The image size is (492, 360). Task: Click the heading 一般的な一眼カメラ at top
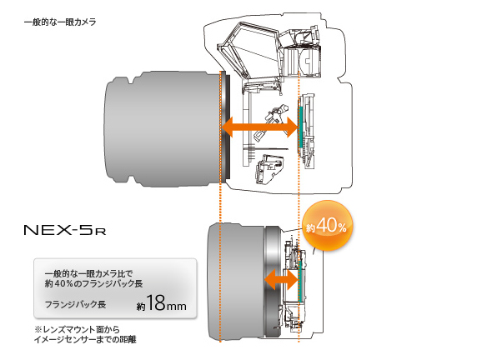coord(60,22)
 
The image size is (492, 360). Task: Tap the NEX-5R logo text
coord(65,230)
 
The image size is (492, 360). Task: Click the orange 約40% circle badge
coord(327,226)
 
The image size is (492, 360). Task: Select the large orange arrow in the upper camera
coord(259,127)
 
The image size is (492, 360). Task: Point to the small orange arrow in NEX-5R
coord(281,279)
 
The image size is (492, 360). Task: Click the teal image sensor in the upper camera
coord(300,127)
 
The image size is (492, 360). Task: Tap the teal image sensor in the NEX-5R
coord(299,281)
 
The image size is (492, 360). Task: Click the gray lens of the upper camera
coord(163,128)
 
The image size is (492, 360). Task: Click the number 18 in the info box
coord(155,302)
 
